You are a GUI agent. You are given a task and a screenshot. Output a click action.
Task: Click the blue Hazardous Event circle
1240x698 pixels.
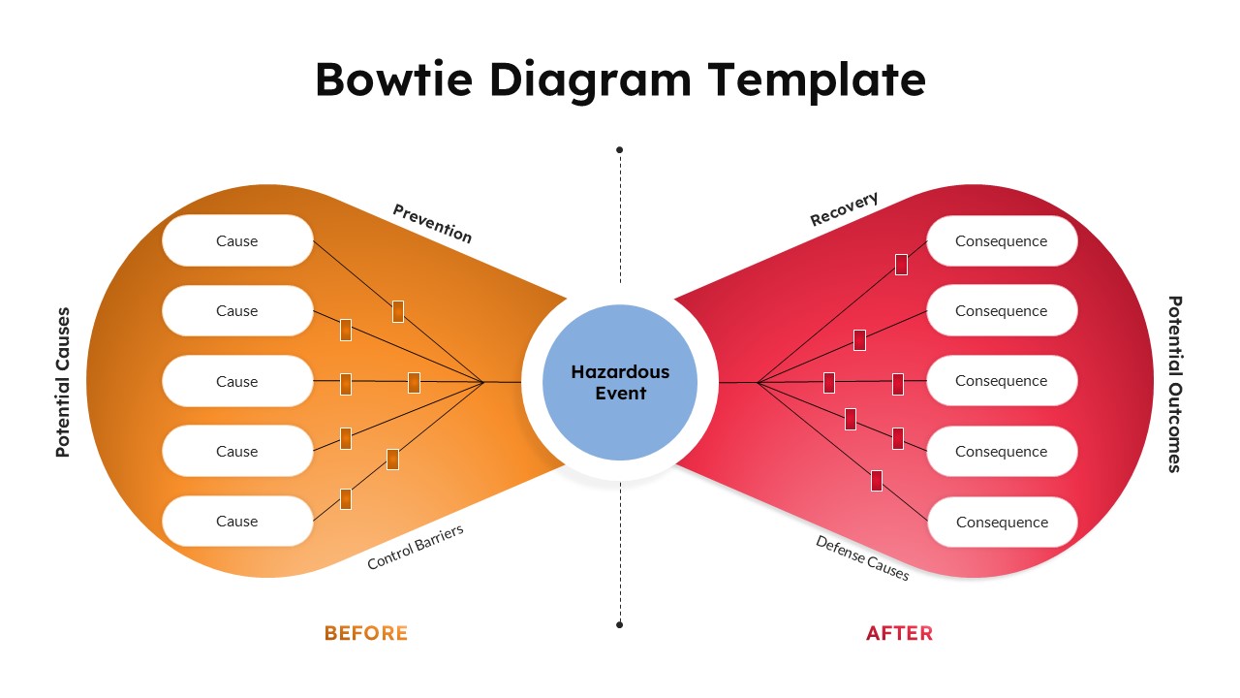point(620,382)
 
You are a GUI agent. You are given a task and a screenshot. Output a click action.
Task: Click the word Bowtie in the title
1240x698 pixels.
point(393,79)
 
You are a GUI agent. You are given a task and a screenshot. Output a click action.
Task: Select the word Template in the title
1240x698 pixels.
point(817,81)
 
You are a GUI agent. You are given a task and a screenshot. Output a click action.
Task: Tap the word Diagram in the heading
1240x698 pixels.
point(591,81)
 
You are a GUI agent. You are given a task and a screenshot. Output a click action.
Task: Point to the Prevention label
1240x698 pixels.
point(432,223)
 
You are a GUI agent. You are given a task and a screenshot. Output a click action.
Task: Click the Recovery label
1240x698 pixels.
point(844,208)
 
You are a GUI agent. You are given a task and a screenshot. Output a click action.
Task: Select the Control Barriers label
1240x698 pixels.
point(416,547)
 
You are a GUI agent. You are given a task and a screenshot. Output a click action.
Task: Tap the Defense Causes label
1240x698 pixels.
point(862,557)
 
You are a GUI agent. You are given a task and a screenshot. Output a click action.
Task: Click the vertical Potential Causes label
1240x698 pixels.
point(63,382)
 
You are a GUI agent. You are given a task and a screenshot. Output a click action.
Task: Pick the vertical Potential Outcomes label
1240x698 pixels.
point(1175,384)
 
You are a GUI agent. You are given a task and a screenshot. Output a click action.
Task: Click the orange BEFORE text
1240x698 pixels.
point(366,633)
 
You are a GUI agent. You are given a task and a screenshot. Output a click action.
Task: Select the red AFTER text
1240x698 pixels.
point(900,633)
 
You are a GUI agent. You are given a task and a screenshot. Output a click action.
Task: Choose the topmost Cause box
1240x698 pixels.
point(237,240)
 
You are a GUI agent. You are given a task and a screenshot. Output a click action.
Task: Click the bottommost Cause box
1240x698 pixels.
point(237,521)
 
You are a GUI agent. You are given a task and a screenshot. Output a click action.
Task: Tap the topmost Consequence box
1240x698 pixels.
point(1002,241)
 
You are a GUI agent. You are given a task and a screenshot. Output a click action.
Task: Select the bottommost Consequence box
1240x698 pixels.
point(1003,522)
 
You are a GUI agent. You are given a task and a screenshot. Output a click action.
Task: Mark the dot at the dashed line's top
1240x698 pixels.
point(619,149)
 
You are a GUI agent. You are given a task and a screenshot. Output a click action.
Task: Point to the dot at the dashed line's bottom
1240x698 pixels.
point(619,625)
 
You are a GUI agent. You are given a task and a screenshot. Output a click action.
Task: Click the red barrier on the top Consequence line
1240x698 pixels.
point(901,265)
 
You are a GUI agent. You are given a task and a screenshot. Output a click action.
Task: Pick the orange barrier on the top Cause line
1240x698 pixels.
point(398,311)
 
